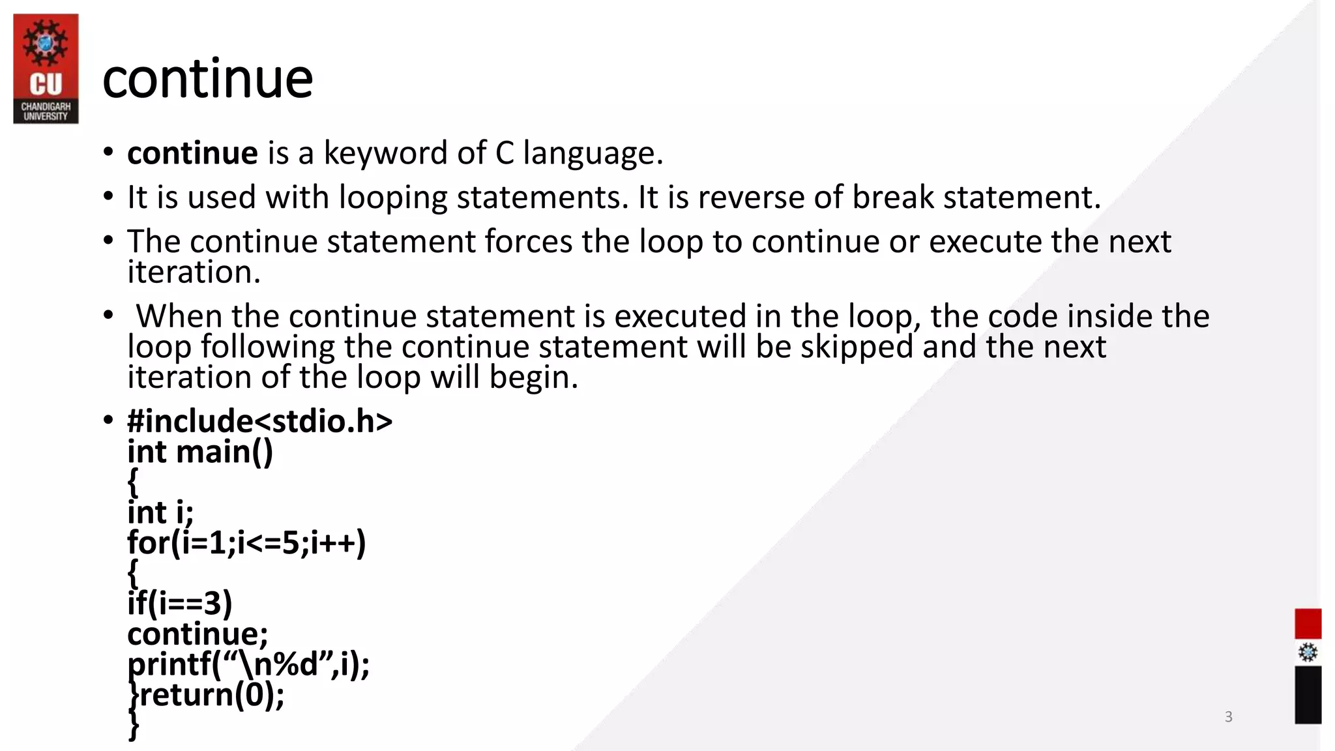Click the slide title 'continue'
pos(207,79)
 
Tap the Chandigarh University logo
pos(46,68)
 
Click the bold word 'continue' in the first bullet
pos(192,153)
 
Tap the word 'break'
pos(893,197)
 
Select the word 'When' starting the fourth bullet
pos(179,316)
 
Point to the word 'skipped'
pos(857,347)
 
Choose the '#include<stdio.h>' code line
pos(259,421)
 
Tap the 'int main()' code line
pos(200,452)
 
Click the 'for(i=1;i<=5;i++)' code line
pos(246,542)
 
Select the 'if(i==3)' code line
pos(179,603)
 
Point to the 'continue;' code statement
pos(198,634)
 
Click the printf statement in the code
pos(248,664)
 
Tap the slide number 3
pos(1228,716)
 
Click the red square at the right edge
pos(1307,623)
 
